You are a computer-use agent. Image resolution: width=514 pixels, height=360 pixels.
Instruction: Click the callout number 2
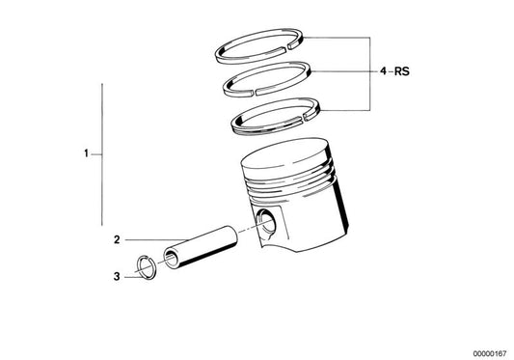(117, 240)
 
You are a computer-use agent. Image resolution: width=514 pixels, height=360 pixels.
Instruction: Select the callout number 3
(117, 275)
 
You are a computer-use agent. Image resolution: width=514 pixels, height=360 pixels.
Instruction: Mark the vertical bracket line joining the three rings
(368, 71)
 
